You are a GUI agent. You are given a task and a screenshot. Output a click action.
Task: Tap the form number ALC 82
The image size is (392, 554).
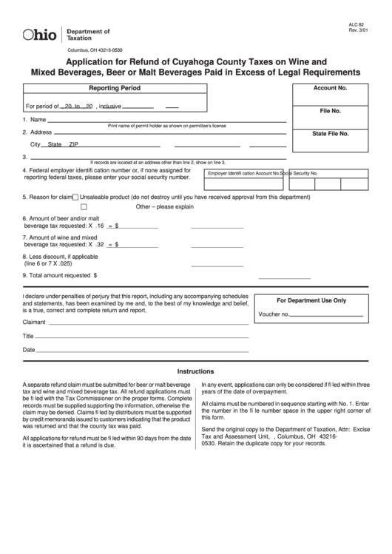click(x=357, y=24)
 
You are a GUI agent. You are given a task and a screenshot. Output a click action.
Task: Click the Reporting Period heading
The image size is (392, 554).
click(x=115, y=88)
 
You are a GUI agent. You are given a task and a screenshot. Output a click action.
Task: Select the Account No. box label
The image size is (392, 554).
click(x=330, y=88)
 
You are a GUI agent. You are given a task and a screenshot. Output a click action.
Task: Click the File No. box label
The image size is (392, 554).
click(x=330, y=111)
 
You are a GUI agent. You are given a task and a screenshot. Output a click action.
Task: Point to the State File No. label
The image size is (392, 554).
click(x=330, y=134)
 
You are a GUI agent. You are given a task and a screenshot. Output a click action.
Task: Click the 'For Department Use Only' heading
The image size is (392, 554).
click(x=311, y=301)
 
